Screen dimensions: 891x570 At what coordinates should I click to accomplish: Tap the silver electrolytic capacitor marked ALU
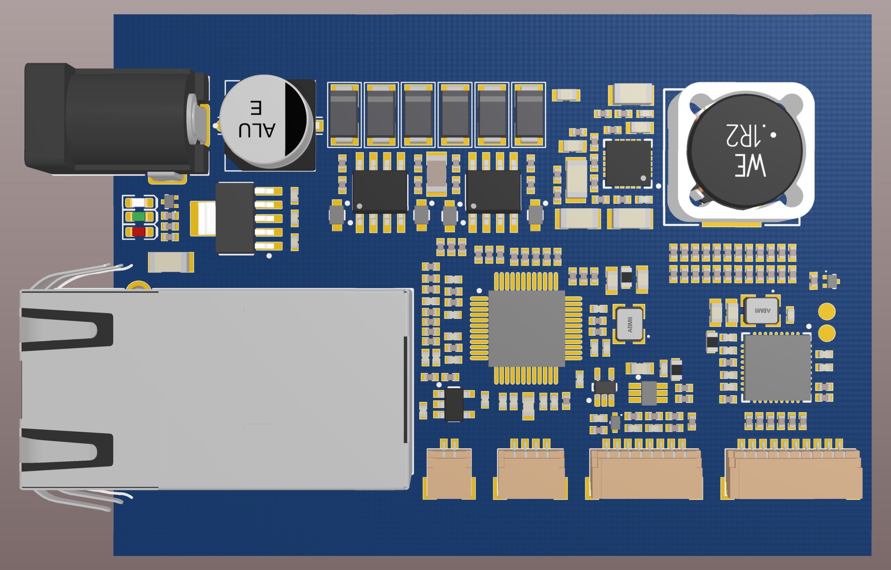[266, 122]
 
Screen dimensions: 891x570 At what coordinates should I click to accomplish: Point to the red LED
[139, 232]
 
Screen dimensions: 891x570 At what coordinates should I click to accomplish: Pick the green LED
[139, 217]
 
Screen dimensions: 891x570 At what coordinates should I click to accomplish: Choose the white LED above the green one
[139, 202]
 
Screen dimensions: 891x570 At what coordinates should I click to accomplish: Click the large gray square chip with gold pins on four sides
[526, 328]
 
